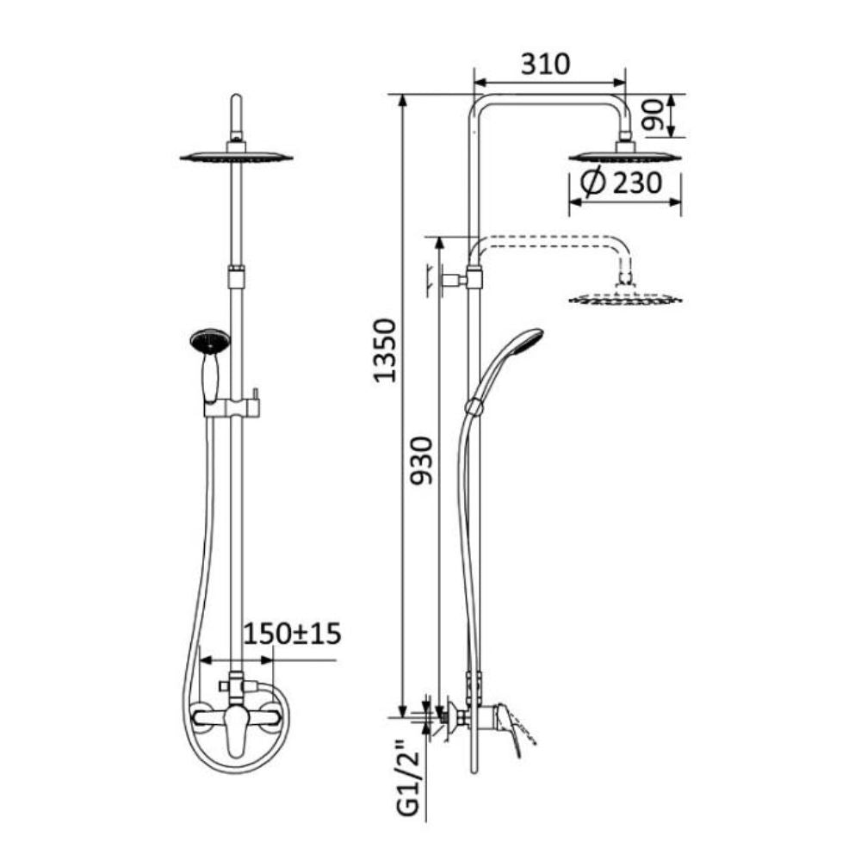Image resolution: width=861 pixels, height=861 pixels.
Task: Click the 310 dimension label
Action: coord(546,65)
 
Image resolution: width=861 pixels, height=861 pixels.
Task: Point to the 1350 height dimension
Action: coord(384,350)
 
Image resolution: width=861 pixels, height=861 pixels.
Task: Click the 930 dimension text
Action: coord(422,461)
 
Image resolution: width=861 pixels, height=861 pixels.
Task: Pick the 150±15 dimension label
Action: coord(292,634)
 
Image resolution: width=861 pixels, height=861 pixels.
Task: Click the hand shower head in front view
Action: coord(210,340)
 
